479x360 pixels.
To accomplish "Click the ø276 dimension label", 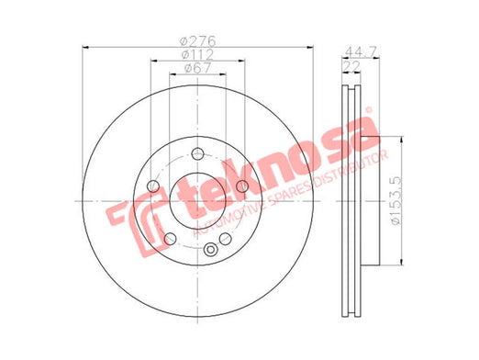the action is point(197,41).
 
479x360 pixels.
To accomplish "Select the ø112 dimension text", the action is point(197,54).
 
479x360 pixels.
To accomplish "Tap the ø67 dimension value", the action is point(198,68).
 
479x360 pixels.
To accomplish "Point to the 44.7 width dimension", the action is point(361,51).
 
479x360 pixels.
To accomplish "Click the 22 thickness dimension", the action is point(351,66).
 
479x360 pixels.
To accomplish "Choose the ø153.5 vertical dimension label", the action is point(395,201).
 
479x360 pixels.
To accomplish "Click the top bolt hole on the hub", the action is point(197,153).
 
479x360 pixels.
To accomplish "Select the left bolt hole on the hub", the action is point(153,186).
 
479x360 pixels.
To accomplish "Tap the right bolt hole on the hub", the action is point(242,186).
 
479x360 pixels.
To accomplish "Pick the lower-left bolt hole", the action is point(170,239).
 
